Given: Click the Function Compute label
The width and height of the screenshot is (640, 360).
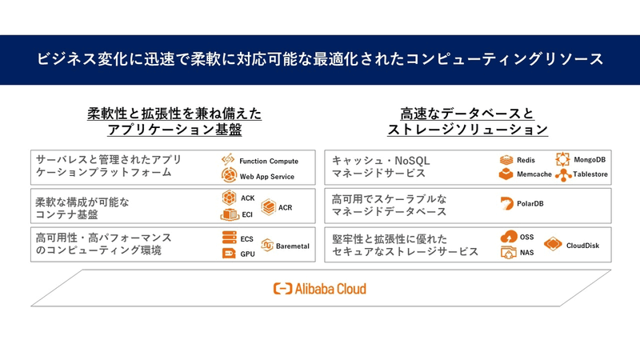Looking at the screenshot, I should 268,162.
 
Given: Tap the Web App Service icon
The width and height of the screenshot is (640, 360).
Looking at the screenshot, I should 229,176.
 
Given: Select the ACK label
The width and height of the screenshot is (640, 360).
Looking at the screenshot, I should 247,198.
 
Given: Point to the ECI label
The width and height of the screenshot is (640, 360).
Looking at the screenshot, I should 247,214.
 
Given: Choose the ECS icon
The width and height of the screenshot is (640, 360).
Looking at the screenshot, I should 227,238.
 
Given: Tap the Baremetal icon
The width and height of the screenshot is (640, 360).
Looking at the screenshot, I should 267,246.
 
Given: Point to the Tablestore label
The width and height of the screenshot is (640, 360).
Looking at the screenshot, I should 590,174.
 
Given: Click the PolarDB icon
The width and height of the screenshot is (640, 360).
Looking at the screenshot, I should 506,204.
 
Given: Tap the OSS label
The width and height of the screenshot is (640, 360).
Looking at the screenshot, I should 526,237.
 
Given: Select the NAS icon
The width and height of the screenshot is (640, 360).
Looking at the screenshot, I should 507,252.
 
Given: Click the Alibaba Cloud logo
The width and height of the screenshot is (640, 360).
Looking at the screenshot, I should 320,289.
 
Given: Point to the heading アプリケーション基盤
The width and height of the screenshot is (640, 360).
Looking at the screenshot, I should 174,130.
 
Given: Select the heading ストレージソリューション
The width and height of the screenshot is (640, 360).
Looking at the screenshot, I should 467,130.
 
